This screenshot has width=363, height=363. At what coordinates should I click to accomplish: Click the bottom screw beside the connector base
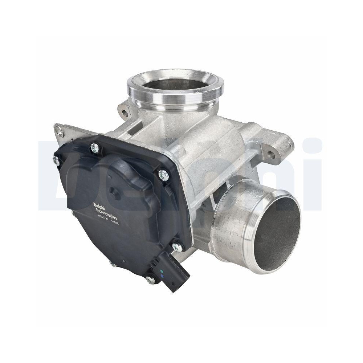click(148, 279)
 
